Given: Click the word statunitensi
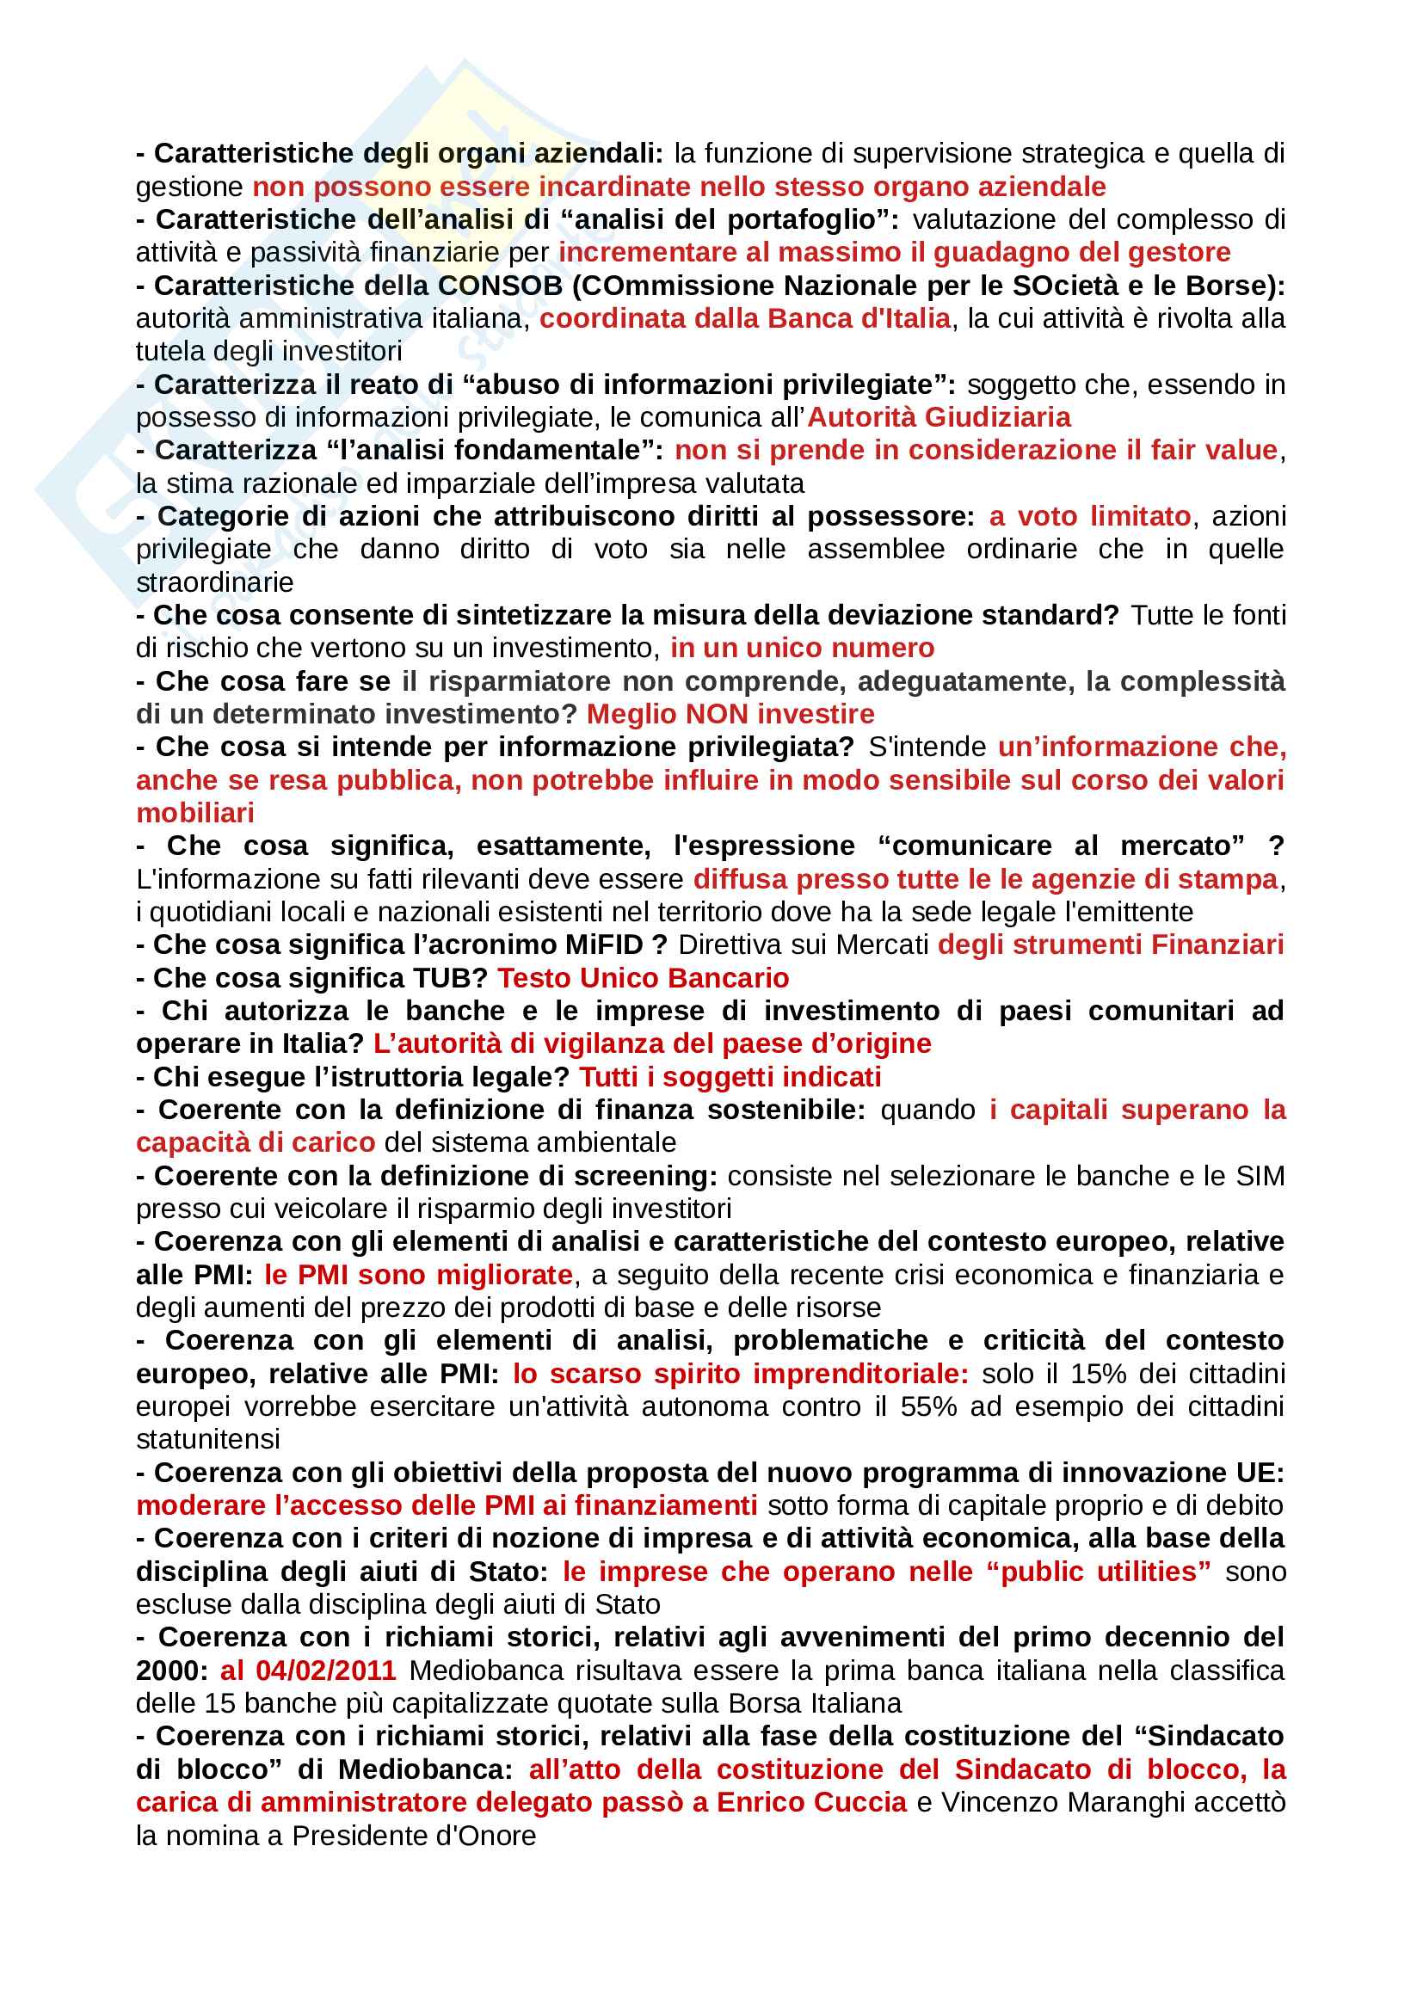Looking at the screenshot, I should (x=207, y=1440).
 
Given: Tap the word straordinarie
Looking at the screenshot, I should (x=215, y=582).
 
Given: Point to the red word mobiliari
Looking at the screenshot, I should (x=194, y=813).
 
